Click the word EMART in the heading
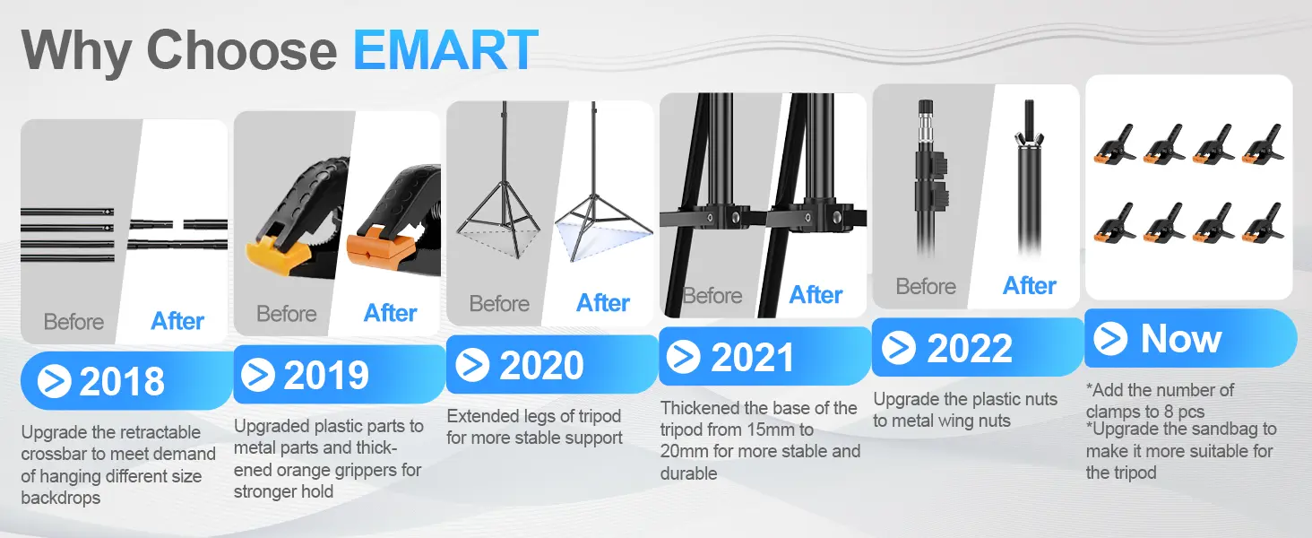click(445, 50)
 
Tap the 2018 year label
click(122, 381)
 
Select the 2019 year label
click(326, 375)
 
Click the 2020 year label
click(541, 365)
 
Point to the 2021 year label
click(753, 357)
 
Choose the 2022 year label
click(970, 348)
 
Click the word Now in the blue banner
click(1181, 339)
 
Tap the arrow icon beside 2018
click(54, 382)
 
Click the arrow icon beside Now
click(1110, 339)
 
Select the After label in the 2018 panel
click(177, 321)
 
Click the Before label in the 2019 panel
click(286, 314)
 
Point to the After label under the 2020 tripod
click(603, 303)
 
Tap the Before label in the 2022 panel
click(926, 287)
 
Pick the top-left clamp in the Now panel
click(1114, 144)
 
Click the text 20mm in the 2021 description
click(685, 451)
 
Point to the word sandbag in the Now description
click(1233, 430)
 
